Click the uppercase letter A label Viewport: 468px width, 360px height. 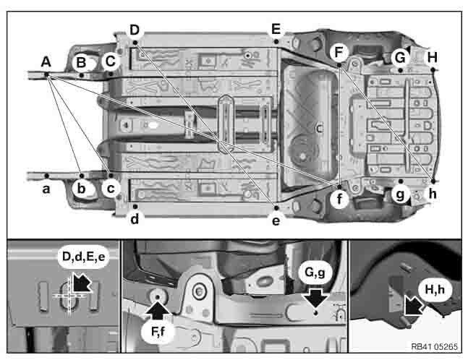coord(46,62)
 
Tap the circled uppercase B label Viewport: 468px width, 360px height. coord(81,63)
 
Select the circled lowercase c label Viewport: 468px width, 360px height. coord(111,189)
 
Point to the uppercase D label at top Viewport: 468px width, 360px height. coord(135,30)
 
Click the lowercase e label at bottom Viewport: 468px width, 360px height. coord(276,221)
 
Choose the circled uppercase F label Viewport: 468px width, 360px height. coord(339,53)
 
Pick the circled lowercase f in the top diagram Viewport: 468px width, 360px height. coord(339,199)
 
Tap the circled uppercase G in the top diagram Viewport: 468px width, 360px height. coord(400,58)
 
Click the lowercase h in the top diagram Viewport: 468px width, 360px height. coord(433,194)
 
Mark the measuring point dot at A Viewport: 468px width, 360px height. coord(46,74)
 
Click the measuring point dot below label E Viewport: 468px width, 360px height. coord(276,41)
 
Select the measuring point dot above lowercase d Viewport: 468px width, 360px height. coord(135,207)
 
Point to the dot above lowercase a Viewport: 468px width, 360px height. coord(46,176)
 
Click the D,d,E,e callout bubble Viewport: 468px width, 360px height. coord(84,257)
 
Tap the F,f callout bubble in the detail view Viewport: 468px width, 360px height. coord(158,332)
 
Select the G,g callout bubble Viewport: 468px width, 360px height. coord(315,273)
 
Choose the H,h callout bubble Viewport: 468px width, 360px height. coord(435,289)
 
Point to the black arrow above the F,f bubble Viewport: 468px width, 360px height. coord(157,311)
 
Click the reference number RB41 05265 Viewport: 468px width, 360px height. coord(434,346)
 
